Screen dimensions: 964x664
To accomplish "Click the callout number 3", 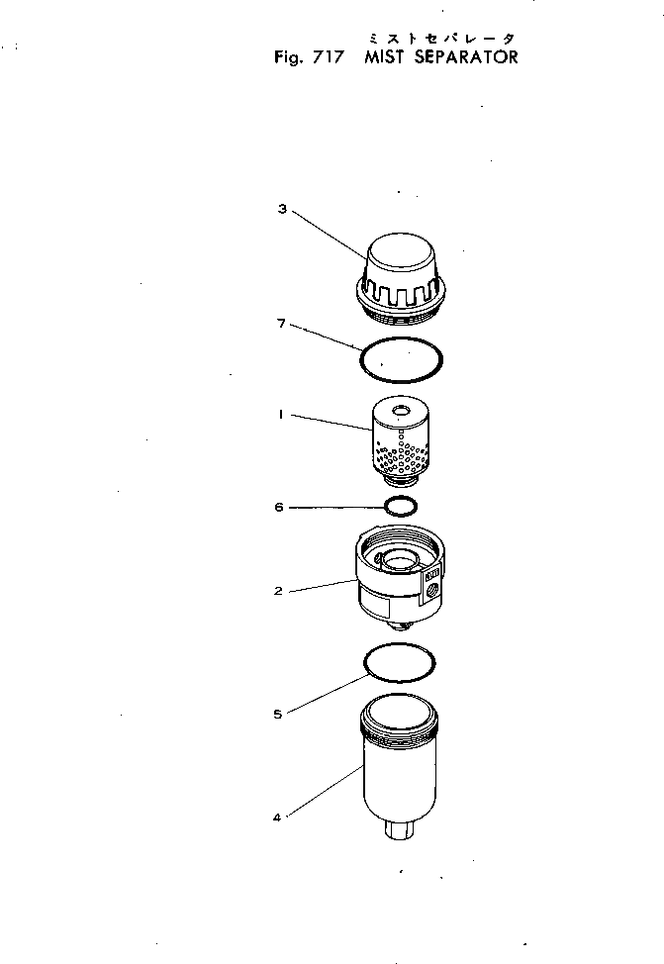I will (x=282, y=209).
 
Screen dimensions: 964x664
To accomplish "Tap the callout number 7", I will (x=282, y=323).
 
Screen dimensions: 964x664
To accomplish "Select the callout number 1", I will (x=282, y=417).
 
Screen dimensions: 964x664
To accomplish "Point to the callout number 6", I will (x=280, y=508).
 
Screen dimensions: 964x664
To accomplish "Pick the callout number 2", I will (x=279, y=591).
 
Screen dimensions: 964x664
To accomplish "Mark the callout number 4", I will (x=277, y=818).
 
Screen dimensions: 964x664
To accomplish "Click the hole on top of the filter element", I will (x=401, y=410).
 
